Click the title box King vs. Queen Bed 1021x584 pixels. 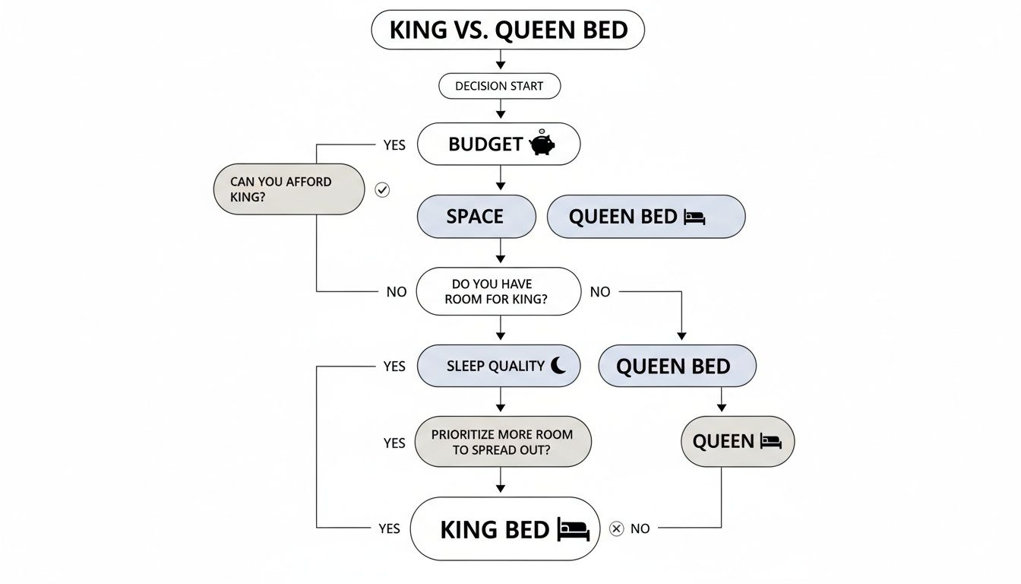[x=507, y=30]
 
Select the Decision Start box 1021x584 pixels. [x=499, y=86]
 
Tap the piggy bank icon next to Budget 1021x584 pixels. [x=542, y=144]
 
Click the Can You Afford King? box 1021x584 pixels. [x=288, y=189]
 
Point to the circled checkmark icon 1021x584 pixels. [x=383, y=189]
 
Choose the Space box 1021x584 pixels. [x=476, y=217]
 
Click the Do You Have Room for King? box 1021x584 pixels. [x=498, y=291]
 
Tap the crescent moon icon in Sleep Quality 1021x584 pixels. [x=558, y=366]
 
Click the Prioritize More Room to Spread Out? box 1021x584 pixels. [x=502, y=442]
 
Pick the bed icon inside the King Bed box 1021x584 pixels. [x=573, y=529]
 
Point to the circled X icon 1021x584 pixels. [x=616, y=528]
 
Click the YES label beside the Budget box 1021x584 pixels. [x=394, y=144]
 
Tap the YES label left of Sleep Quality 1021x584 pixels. [x=394, y=367]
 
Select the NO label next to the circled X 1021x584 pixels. [x=640, y=528]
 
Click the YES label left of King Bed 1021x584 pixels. [x=388, y=528]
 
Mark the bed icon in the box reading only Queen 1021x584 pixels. [x=770, y=441]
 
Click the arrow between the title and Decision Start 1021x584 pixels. [x=500, y=61]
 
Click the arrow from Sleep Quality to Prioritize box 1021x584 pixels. [x=500, y=401]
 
